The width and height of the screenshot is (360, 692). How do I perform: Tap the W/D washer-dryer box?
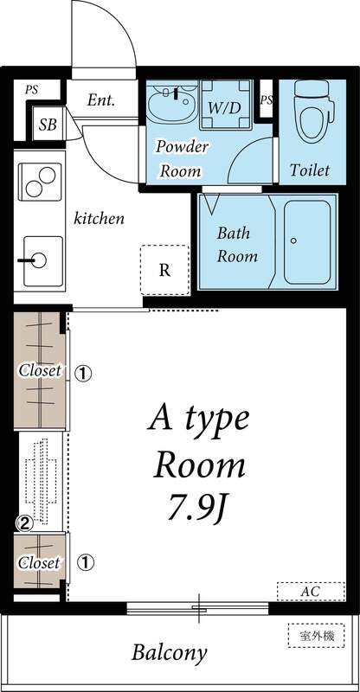click(225, 107)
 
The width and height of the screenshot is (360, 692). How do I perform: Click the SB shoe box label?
click(48, 125)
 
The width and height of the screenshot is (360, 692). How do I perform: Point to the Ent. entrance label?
click(101, 100)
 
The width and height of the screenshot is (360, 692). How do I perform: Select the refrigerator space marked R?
click(164, 268)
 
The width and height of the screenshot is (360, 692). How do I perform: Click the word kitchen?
click(98, 218)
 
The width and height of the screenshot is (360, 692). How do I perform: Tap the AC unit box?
click(310, 591)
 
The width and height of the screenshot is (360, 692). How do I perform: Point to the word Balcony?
click(170, 653)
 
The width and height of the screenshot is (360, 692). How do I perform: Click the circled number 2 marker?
click(26, 522)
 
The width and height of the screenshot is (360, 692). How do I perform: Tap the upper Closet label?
click(40, 371)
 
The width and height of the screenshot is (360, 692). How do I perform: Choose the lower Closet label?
click(40, 562)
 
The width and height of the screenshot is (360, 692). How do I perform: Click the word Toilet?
click(309, 170)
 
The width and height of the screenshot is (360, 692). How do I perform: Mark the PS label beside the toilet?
click(267, 101)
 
